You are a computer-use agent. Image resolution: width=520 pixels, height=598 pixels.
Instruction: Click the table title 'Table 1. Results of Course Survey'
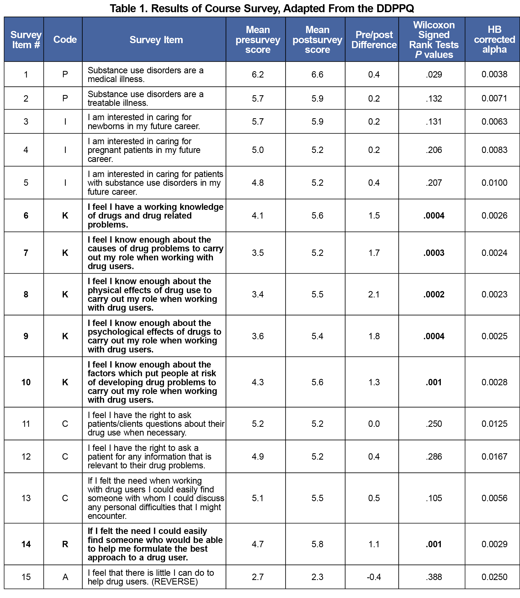pos(262,8)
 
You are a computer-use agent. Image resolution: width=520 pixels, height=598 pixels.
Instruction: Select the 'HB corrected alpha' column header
pos(494,39)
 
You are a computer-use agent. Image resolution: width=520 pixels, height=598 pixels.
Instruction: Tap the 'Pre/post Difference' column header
pos(374,40)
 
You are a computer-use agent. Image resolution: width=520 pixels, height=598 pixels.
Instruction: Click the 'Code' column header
pos(65,39)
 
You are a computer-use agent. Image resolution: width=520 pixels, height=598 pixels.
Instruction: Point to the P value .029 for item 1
pos(434,75)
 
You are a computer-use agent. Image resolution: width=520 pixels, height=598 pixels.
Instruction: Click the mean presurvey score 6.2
pos(258,75)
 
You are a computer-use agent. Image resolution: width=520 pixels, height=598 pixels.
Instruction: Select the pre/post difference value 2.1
pos(374,294)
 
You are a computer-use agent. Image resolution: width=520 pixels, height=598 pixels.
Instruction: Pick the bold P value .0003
pos(434,253)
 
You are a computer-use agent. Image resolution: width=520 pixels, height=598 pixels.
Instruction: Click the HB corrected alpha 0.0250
pos(494,577)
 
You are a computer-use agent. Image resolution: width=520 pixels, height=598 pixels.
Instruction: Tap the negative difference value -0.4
pos(374,577)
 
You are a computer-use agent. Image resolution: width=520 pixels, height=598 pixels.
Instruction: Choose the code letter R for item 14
pos(65,544)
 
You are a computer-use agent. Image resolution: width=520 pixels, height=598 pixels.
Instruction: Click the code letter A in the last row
pos(65,577)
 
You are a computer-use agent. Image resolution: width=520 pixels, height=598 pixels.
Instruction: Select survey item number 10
pos(26,382)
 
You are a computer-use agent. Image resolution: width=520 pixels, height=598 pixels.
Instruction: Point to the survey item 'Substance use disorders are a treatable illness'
pos(145,98)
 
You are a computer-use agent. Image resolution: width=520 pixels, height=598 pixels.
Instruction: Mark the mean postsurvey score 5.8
pos(317,544)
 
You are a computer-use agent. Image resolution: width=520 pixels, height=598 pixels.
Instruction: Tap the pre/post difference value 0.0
pos(374,424)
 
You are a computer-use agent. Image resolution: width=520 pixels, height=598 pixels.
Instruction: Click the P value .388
pos(434,577)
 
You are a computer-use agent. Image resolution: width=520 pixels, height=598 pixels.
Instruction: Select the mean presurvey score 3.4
pos(258,294)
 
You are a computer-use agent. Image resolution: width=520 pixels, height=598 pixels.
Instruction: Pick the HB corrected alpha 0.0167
pos(494,456)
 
